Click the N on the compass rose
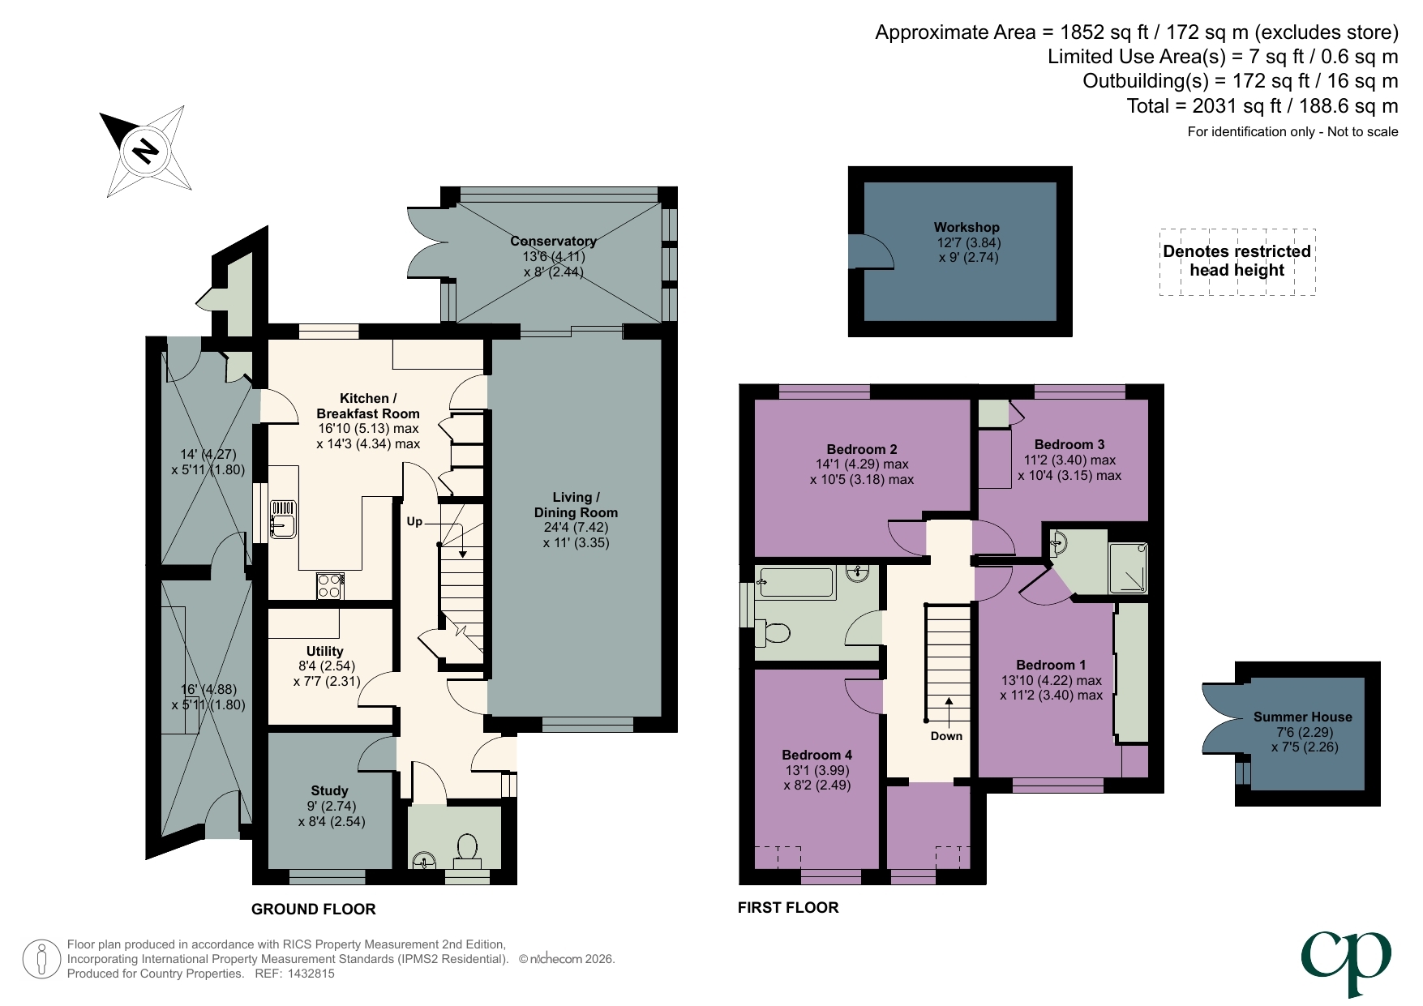146,152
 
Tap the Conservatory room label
553,241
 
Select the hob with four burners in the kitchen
329,586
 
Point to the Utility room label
324,651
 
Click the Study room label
329,790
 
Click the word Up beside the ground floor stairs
414,521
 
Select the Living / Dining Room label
576,505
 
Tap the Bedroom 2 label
861,449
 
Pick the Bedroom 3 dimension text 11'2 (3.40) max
1069,460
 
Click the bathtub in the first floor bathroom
795,583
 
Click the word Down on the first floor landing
946,736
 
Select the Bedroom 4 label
817,755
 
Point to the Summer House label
1302,717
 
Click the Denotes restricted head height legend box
1237,261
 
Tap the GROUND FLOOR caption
313,909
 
